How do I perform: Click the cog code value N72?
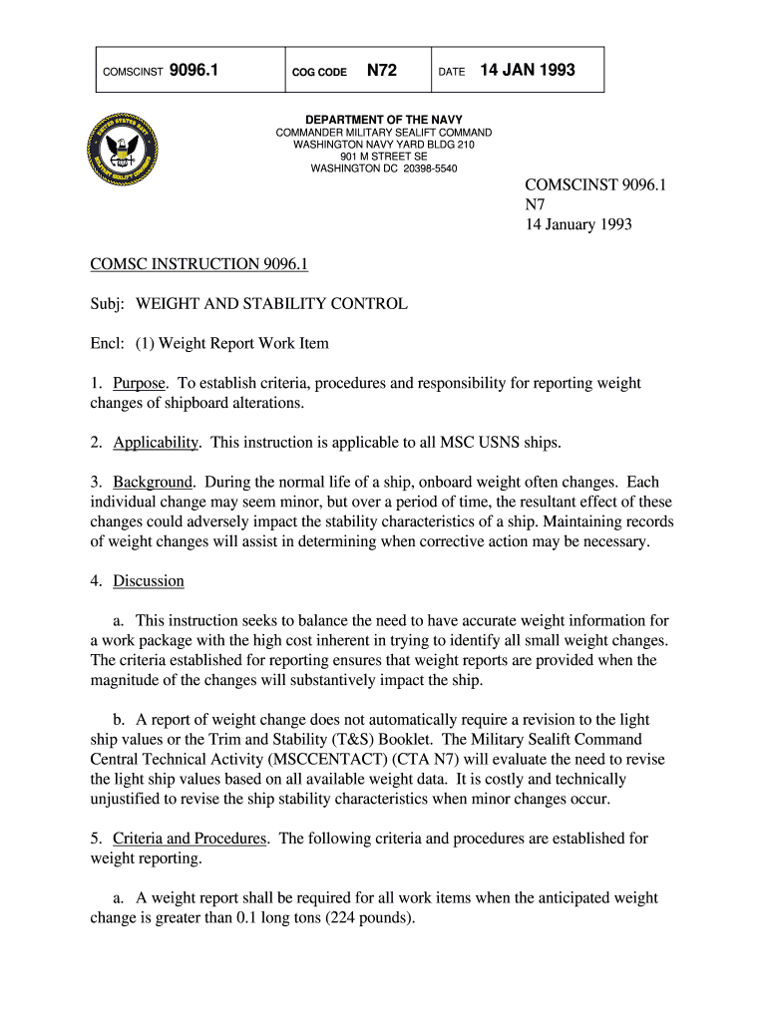click(x=382, y=71)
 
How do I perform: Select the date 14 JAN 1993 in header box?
click(x=528, y=71)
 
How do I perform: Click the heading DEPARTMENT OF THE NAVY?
click(x=384, y=121)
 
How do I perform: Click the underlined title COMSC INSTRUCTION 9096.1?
click(x=199, y=264)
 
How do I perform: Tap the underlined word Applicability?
click(x=157, y=443)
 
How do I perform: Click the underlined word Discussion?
click(x=149, y=581)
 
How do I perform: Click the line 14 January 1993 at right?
click(x=578, y=225)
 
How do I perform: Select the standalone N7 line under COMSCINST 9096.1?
click(x=537, y=205)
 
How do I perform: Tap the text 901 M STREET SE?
click(x=384, y=157)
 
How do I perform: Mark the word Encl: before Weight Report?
click(x=108, y=344)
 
